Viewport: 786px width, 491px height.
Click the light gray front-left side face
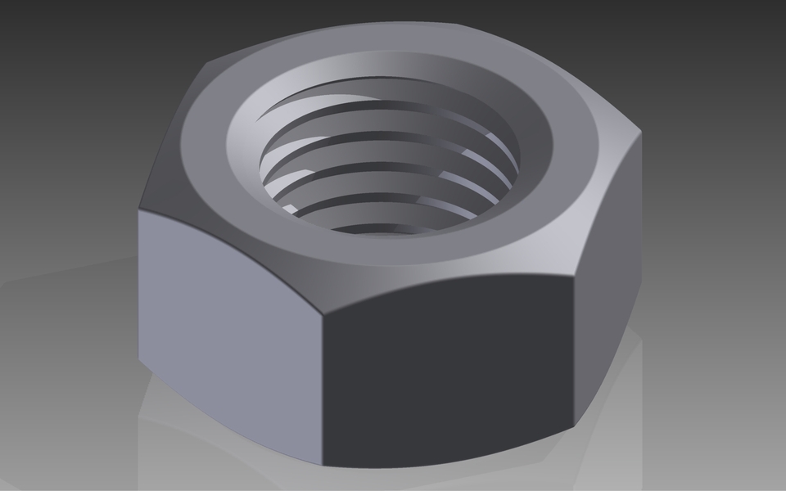[229, 327]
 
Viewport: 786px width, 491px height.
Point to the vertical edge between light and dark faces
[321, 385]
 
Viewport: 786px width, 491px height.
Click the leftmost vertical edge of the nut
[139, 286]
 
